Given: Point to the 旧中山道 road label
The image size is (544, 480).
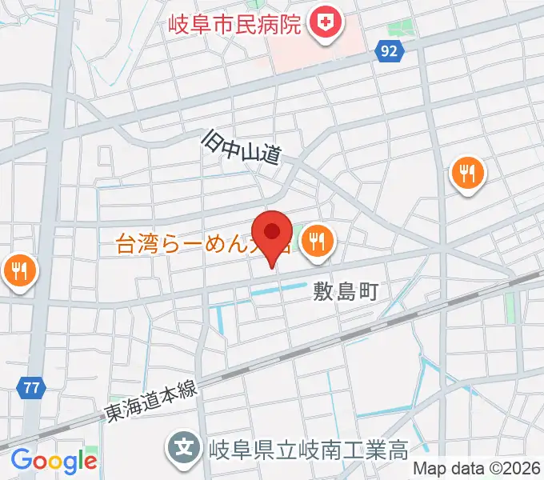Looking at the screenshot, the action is click(239, 149).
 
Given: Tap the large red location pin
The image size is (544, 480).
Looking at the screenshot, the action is click(274, 234).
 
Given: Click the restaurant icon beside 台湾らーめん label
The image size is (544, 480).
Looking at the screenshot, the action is click(318, 239).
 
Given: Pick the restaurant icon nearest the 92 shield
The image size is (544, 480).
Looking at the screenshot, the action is click(466, 173).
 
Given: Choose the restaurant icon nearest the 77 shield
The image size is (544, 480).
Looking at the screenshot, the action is click(19, 272).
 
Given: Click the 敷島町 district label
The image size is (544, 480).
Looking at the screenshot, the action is click(345, 291).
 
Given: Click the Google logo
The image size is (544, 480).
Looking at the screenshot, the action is click(54, 460).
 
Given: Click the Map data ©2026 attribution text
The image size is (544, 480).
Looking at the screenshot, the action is click(476, 470).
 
